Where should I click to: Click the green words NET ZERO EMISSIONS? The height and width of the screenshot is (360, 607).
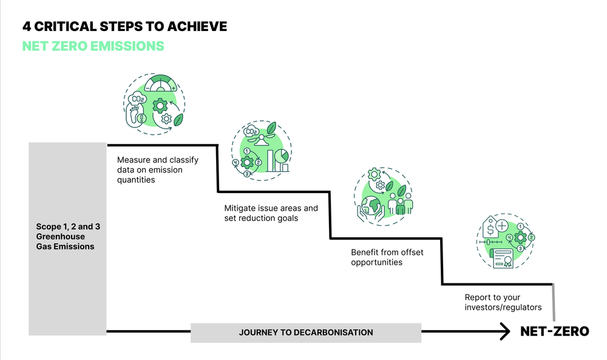[x=93, y=46]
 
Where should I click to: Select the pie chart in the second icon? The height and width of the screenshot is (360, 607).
[x=280, y=156]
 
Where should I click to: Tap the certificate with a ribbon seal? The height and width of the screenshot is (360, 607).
[x=501, y=258]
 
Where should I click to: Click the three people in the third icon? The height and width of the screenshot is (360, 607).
[x=399, y=200]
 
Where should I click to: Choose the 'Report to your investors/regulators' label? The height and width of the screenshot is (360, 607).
[x=503, y=302]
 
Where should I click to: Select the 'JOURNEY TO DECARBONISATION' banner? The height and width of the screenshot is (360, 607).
[x=305, y=333]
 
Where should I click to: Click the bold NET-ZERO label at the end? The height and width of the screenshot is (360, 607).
[x=554, y=332]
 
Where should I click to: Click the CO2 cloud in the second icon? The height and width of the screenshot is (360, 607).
[x=249, y=132]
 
